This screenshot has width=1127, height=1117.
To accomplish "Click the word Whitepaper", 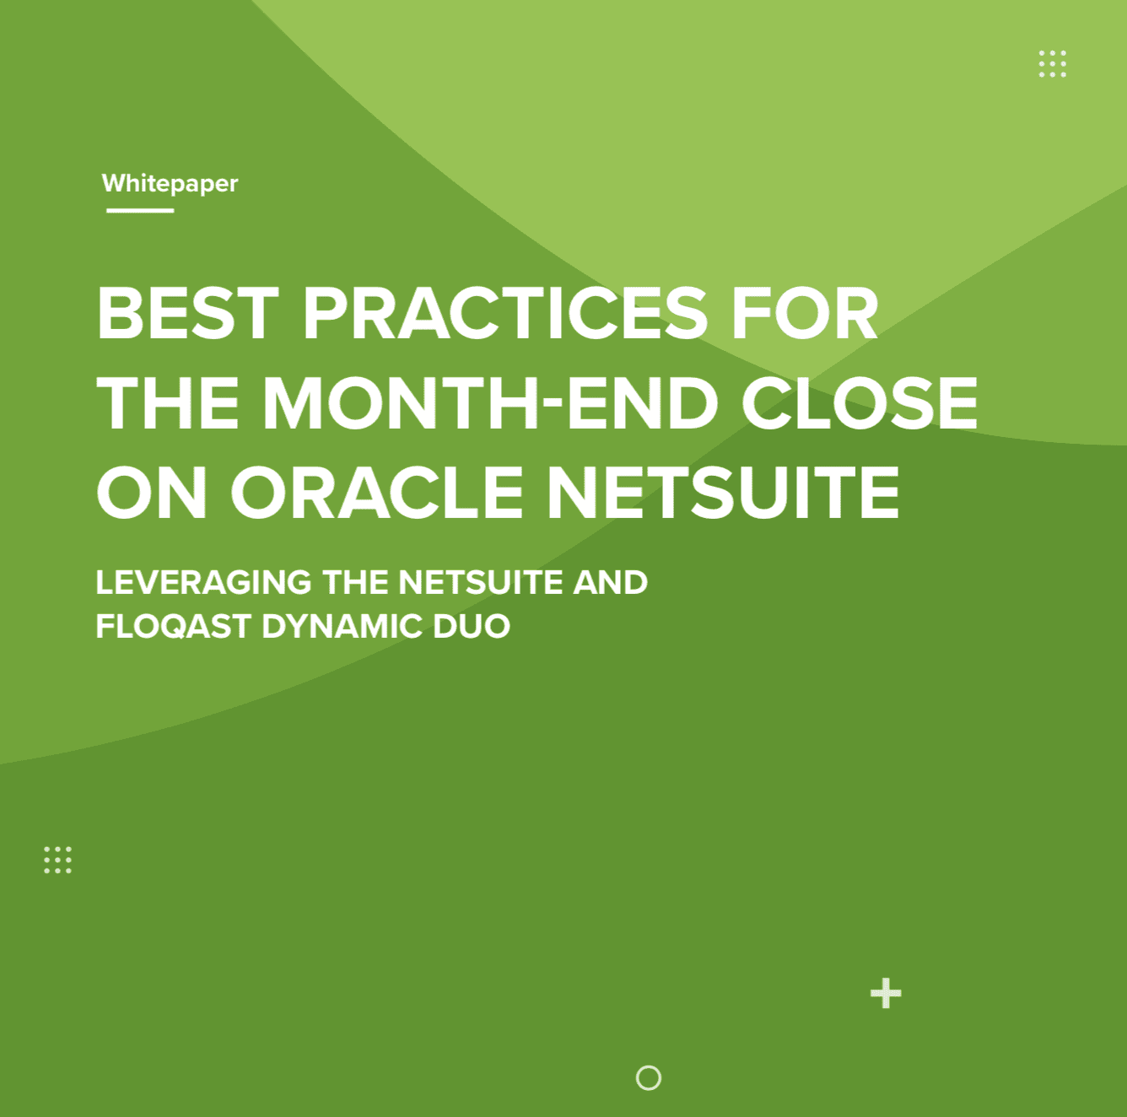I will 170,183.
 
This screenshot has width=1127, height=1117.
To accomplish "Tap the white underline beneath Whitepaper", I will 139,210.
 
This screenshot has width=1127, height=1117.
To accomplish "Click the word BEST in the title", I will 188,314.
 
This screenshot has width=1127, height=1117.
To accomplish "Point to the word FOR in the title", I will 804,314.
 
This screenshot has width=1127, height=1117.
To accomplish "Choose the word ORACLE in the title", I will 376,493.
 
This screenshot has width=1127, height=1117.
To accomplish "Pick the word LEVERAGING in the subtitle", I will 203,582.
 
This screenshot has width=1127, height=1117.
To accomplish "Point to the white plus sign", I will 886,994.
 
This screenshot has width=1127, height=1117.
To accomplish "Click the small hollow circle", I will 649,1077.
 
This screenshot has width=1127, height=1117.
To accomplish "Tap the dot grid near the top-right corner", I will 1052,63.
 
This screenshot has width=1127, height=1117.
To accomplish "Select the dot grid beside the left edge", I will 57,860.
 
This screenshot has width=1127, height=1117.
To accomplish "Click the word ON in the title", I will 152,493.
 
